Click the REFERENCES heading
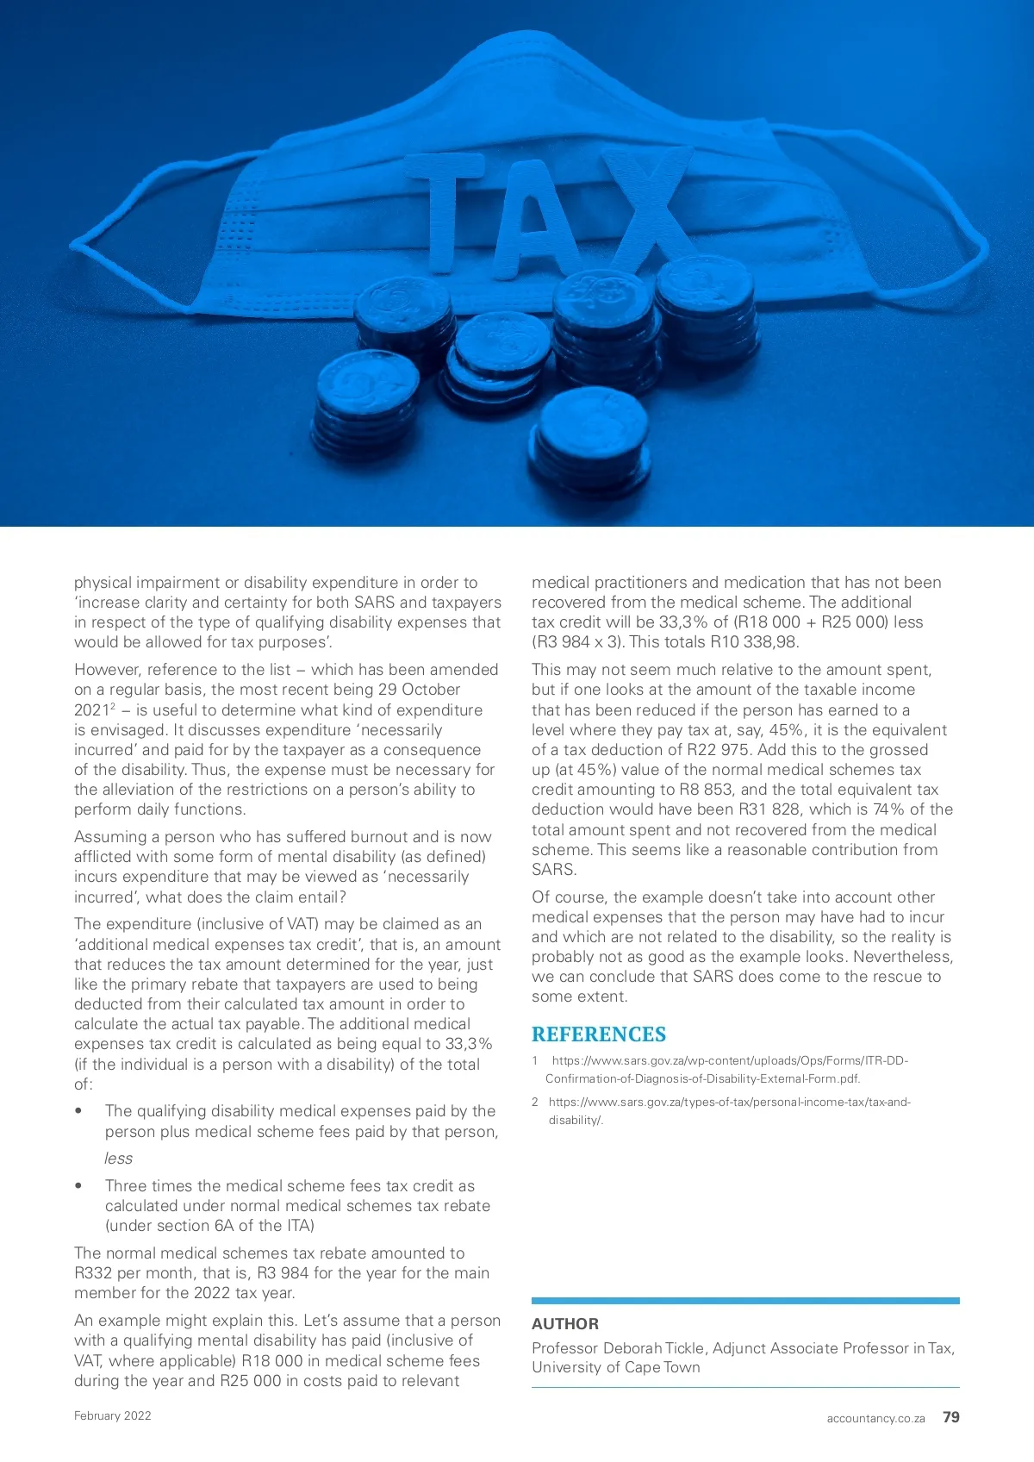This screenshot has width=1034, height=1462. tap(598, 1034)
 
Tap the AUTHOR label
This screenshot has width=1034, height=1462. tap(564, 1323)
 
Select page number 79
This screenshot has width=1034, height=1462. tap(950, 1417)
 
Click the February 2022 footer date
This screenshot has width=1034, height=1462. tap(112, 1415)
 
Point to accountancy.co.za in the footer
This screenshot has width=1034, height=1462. tap(875, 1418)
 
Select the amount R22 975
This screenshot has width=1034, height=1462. tap(719, 750)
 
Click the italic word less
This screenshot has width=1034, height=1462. tap(119, 1159)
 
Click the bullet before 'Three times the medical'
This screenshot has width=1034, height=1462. tap(79, 1186)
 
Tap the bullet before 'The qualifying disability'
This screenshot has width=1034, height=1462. tap(79, 1111)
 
